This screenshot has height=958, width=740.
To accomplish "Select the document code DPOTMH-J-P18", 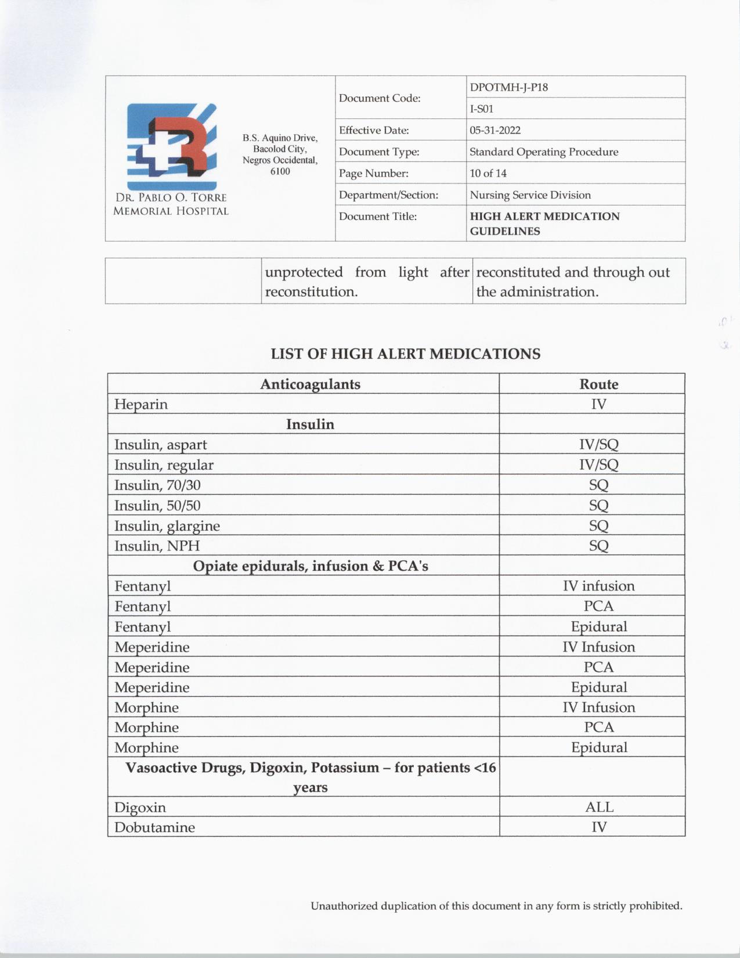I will (508, 88).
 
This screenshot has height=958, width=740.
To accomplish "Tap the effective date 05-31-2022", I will (494, 130).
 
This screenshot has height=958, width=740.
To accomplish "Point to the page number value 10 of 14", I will (488, 173).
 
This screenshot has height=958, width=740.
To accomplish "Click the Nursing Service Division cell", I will (530, 195).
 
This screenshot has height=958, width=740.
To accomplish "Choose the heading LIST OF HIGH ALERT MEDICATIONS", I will (405, 354).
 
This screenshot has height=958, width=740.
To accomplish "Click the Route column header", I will (598, 384).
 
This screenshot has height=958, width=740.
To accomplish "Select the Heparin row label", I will (141, 404).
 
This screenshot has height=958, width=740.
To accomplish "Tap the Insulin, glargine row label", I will (167, 526).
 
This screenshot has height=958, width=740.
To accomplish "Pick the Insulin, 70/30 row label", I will (157, 485).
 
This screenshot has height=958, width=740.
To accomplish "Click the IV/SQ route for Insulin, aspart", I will (598, 445).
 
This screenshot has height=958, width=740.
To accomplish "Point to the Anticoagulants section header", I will (310, 384).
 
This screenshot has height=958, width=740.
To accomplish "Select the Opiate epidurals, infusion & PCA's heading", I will (310, 566).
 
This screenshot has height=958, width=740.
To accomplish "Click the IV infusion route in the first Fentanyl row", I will (598, 586).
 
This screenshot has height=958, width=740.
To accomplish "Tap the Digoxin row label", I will (140, 808).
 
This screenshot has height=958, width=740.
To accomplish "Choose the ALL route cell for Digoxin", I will (598, 807).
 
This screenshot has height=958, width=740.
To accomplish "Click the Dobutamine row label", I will (154, 827).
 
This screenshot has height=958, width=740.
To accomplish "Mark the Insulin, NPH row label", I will (157, 546).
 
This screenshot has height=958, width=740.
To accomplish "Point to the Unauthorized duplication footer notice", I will (496, 906).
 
